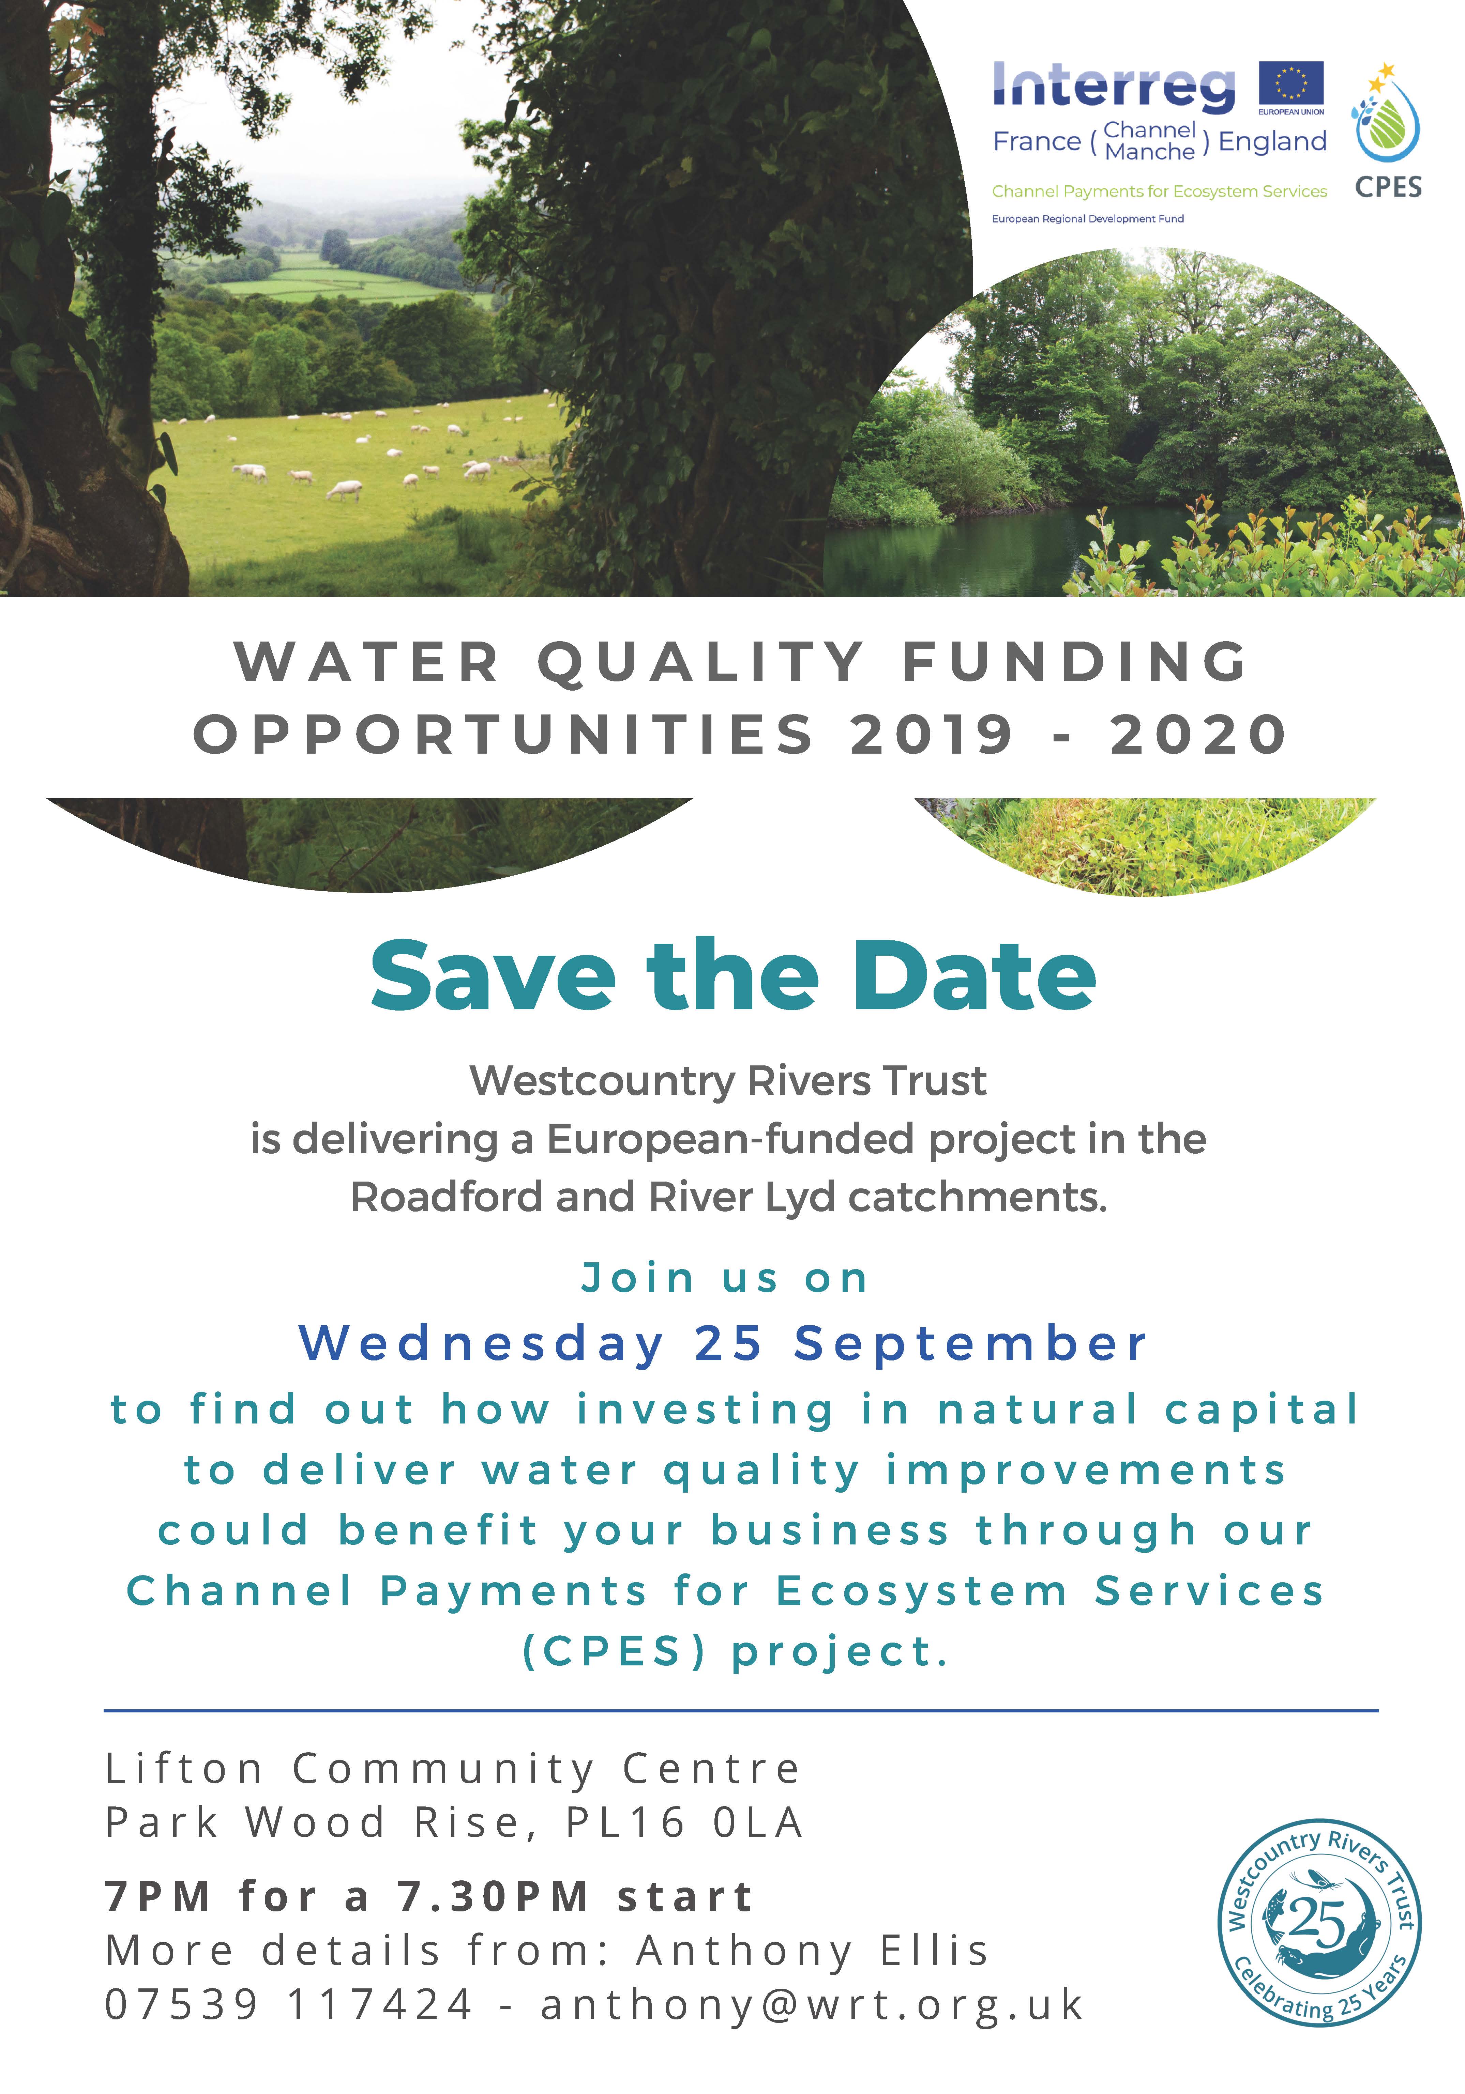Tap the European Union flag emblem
(x=1291, y=84)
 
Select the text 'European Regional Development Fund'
(x=1087, y=219)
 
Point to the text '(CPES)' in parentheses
(x=614, y=1652)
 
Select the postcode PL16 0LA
(x=684, y=1823)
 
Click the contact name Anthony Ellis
(x=812, y=1952)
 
